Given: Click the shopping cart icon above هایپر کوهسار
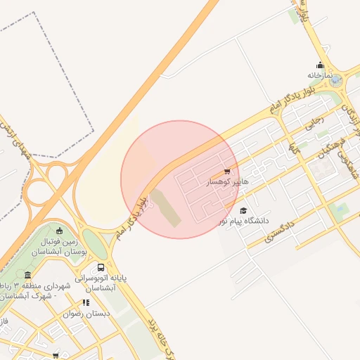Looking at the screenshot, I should coord(226,171).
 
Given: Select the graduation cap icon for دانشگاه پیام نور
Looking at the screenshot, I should coord(243,210).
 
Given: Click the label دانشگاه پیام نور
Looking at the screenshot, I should coord(243,221).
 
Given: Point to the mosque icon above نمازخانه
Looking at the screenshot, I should coord(320,65).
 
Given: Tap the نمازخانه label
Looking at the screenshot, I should coord(319,75).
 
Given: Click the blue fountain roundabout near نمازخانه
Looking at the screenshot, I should coord(335,81).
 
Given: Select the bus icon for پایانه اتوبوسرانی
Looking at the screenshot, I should coord(101,267).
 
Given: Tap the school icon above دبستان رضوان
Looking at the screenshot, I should coord(86,303).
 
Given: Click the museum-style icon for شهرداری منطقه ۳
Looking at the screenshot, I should coord(27,275).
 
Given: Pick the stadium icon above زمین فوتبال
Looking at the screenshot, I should coord(59,231).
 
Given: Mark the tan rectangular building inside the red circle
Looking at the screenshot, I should coord(164,208).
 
